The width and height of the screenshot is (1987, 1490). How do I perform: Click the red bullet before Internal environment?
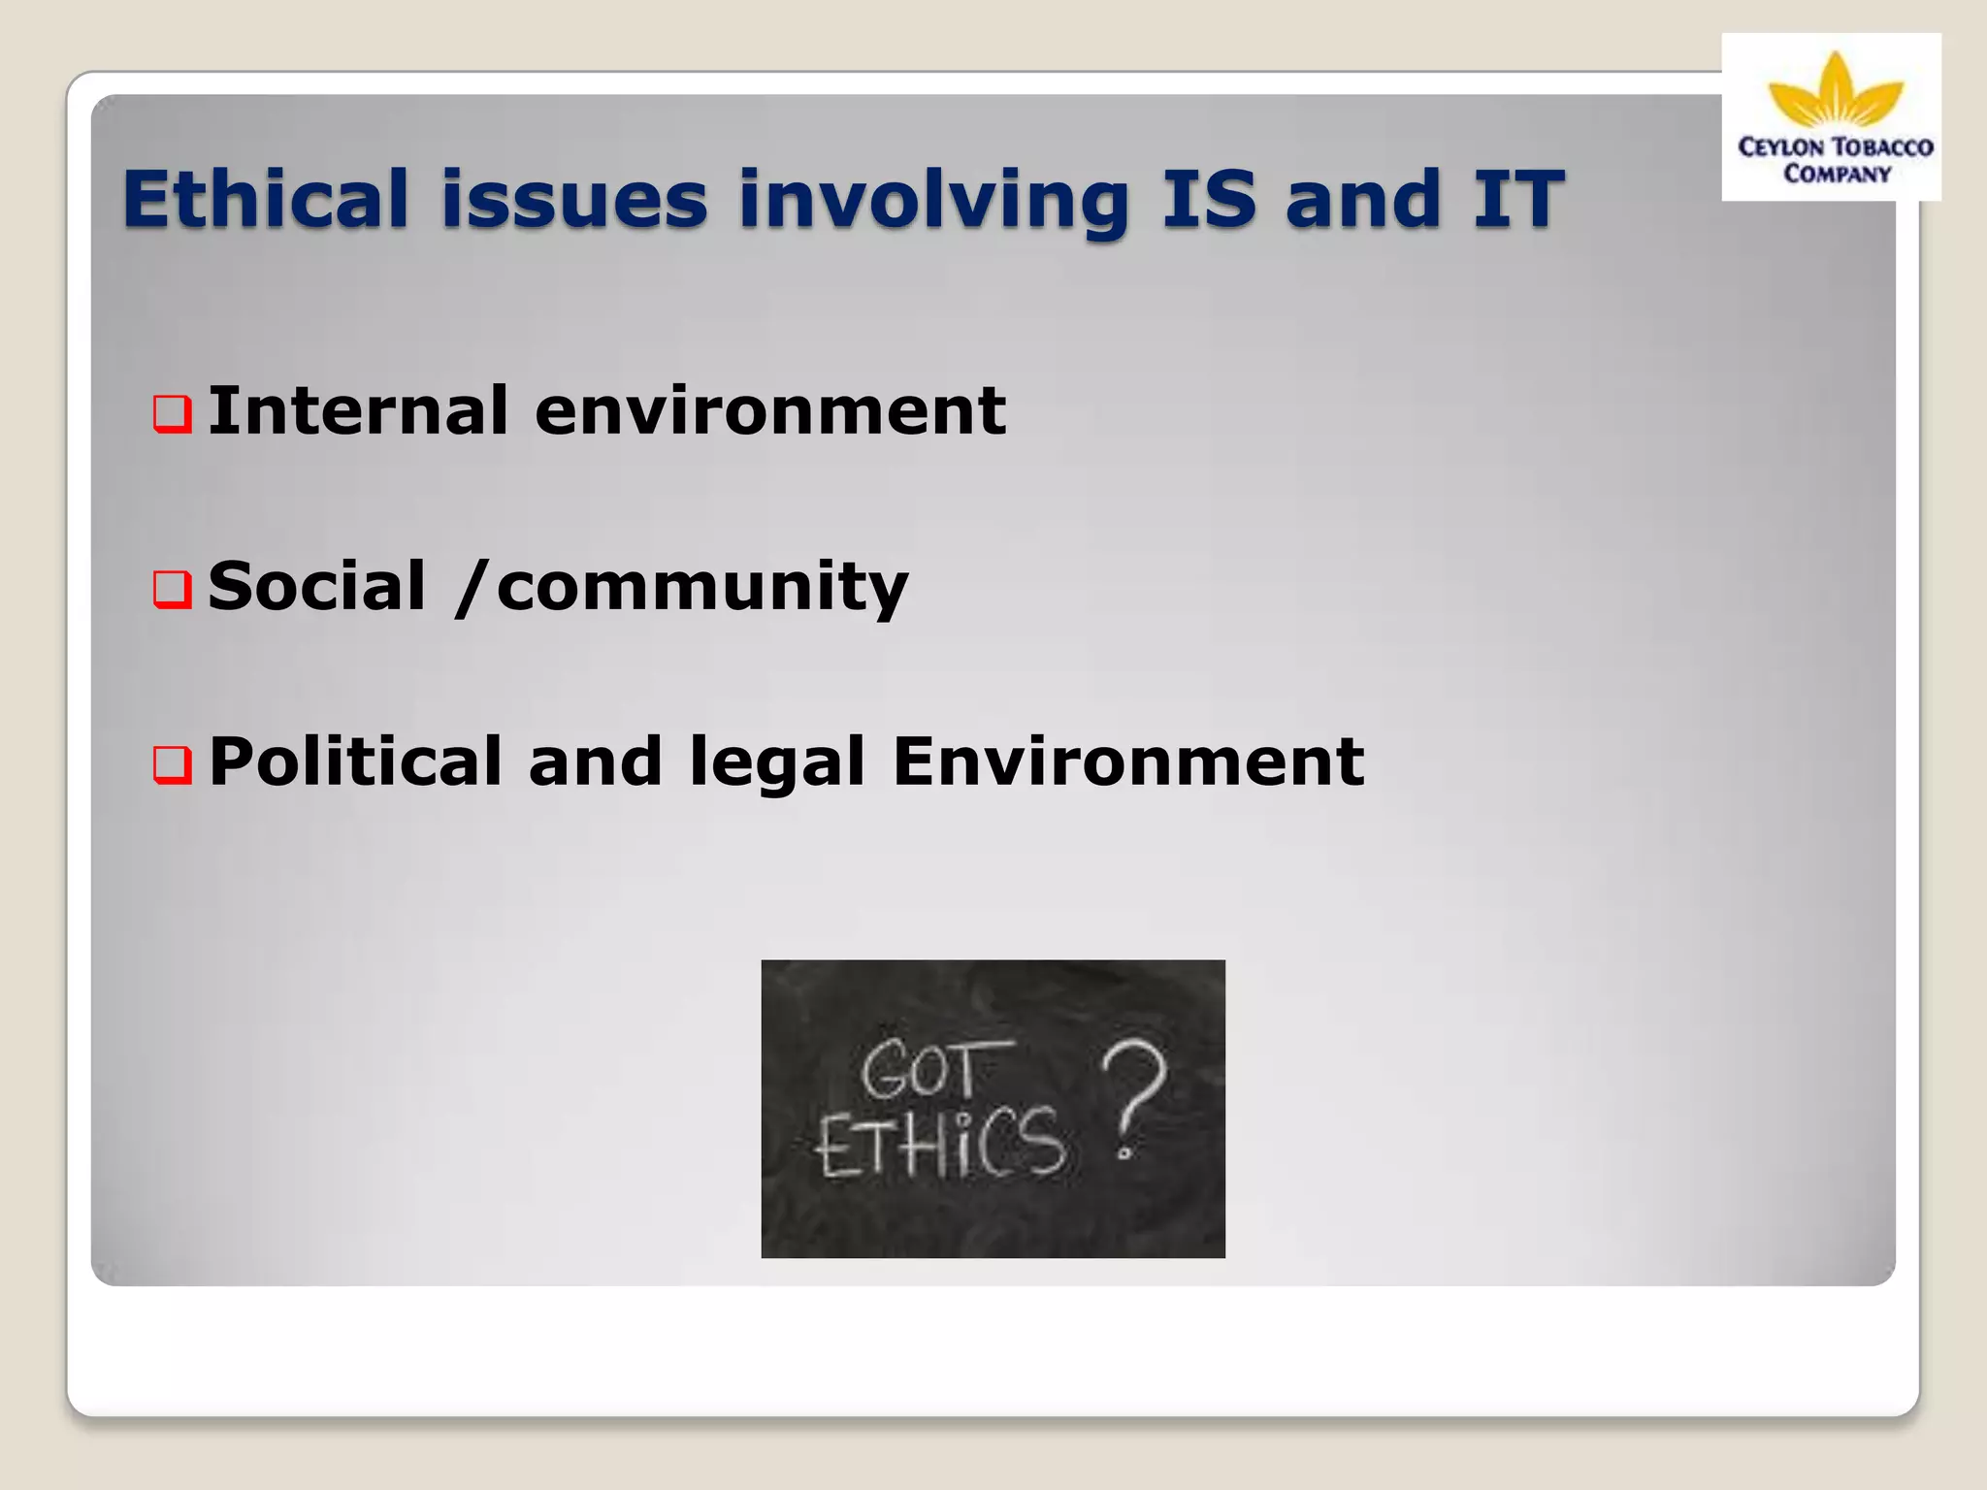173,414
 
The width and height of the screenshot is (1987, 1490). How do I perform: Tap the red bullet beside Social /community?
173,589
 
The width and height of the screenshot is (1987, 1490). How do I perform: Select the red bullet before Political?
173,764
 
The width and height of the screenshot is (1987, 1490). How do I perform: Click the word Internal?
357,410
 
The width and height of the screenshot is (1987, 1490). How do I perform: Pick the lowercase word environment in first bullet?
769,410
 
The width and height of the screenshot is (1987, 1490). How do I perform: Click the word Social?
316,586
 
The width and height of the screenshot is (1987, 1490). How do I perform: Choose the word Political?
355,761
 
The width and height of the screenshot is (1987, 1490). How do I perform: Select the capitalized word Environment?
1127,761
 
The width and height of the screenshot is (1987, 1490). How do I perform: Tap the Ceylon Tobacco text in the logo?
1835,147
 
